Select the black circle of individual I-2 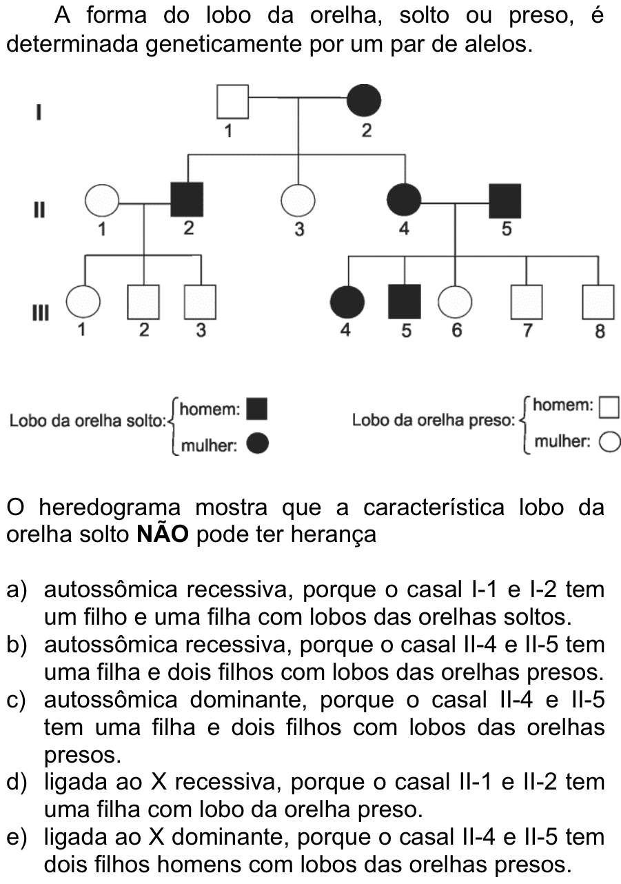(364, 100)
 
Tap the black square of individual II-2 (187, 199)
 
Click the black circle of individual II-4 (404, 200)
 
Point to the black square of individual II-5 (505, 201)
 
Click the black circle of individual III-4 (347, 302)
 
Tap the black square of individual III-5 (405, 301)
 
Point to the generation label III (40, 313)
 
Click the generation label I (39, 112)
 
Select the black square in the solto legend (256, 409)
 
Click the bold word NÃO (163, 534)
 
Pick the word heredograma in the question (110, 508)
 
